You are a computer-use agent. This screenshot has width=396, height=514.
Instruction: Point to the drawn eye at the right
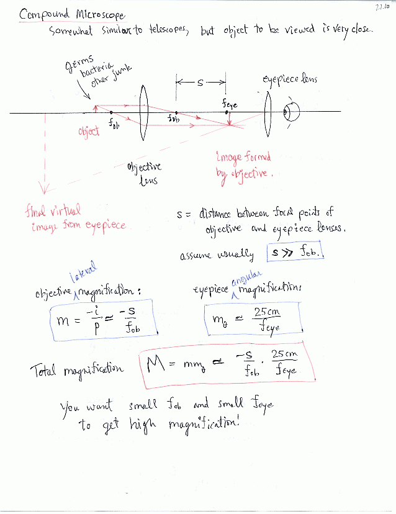pos(290,112)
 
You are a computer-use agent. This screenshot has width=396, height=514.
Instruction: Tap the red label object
pos(89,132)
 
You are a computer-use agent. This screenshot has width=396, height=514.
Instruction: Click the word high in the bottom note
pos(141,425)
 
